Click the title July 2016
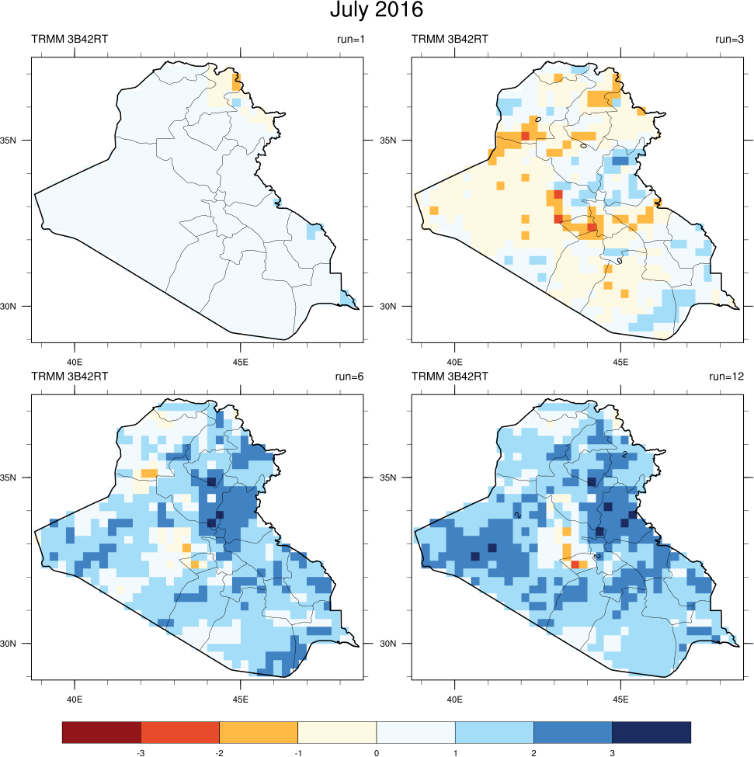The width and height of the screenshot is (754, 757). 377,11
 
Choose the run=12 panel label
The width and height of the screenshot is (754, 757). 727,377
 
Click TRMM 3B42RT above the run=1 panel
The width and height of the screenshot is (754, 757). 69,39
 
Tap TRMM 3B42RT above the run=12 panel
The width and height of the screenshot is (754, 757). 450,377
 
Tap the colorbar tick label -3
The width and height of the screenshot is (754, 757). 141,752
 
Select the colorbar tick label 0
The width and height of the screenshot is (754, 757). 377,752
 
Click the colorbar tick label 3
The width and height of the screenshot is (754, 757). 612,752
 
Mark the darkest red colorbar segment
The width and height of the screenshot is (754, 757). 102,732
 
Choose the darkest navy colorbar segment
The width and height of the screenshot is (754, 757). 651,732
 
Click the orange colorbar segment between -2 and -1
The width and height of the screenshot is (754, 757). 259,732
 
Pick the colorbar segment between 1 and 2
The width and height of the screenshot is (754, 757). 494,732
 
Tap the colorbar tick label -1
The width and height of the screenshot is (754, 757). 297,752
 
